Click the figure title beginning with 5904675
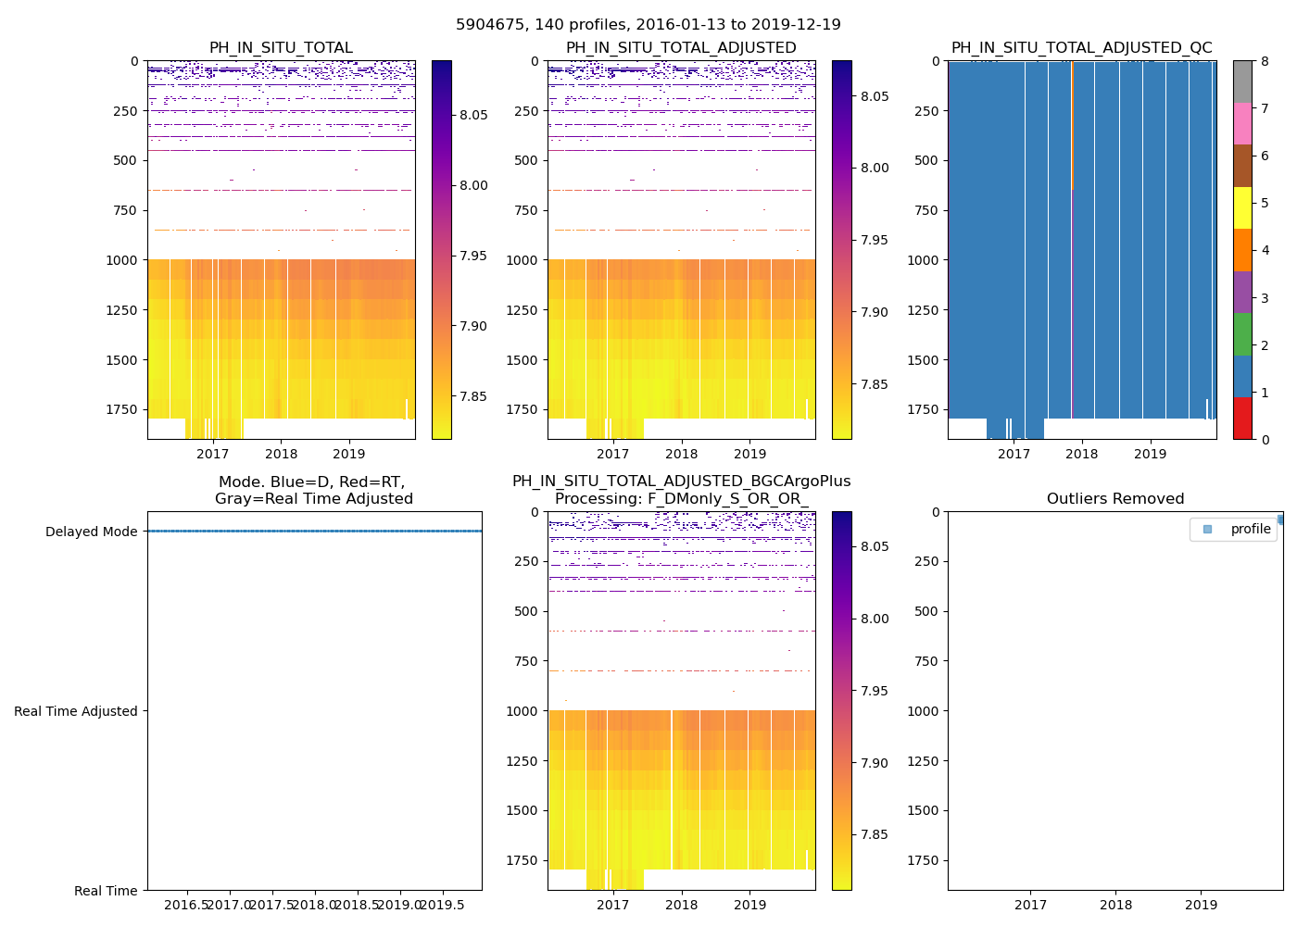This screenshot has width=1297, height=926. pyautogui.click(x=648, y=25)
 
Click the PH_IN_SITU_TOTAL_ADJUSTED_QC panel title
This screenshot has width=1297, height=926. pyautogui.click(x=1081, y=48)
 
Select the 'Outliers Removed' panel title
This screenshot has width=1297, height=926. pyautogui.click(x=1115, y=499)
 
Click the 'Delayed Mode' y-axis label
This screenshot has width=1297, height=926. pyautogui.click(x=91, y=532)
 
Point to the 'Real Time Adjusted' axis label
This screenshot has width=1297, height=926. pyautogui.click(x=76, y=711)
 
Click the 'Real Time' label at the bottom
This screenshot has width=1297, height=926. pyautogui.click(x=106, y=891)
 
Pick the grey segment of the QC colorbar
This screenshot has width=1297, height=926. pyautogui.click(x=1242, y=81)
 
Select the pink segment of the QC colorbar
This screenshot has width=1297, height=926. pyautogui.click(x=1242, y=123)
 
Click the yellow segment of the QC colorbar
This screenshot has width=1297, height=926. pyautogui.click(x=1242, y=207)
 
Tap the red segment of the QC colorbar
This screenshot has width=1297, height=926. pyautogui.click(x=1242, y=419)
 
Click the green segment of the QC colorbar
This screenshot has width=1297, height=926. pyautogui.click(x=1242, y=334)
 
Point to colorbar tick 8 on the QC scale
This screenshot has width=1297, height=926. pyautogui.click(x=1265, y=61)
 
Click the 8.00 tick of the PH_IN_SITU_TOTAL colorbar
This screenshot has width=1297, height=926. pyautogui.click(x=474, y=185)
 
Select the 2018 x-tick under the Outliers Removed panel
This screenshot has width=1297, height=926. pyautogui.click(x=1115, y=905)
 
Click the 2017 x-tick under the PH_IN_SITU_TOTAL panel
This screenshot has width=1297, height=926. pyautogui.click(x=212, y=454)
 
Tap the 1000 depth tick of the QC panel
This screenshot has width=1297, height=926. pyautogui.click(x=926, y=260)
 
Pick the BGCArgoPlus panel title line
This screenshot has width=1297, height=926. pyautogui.click(x=681, y=482)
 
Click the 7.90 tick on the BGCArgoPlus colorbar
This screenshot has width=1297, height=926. pyautogui.click(x=875, y=763)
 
